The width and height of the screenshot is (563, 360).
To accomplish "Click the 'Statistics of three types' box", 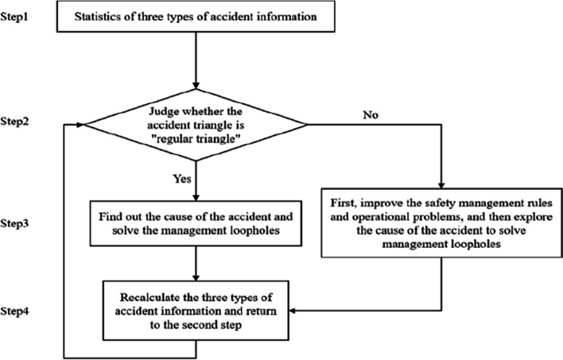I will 195,14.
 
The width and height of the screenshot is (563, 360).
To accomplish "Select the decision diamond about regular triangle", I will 195,123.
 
